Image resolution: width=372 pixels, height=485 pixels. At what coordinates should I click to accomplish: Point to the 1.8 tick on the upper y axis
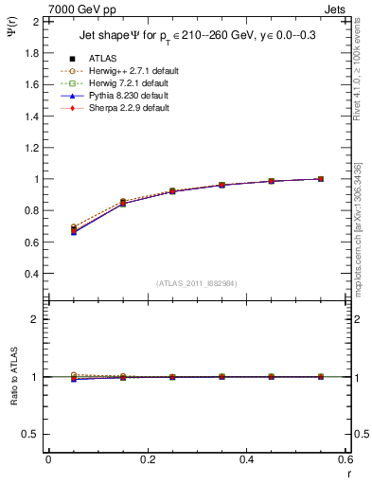[31, 53]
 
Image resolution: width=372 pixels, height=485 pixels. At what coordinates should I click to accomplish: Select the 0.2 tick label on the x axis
[148, 459]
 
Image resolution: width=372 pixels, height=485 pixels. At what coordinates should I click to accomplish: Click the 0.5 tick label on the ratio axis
[31, 434]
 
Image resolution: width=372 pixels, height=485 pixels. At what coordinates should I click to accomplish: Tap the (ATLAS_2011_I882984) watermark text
[197, 283]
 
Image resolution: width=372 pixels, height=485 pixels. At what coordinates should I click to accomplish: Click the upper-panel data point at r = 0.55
[321, 178]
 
